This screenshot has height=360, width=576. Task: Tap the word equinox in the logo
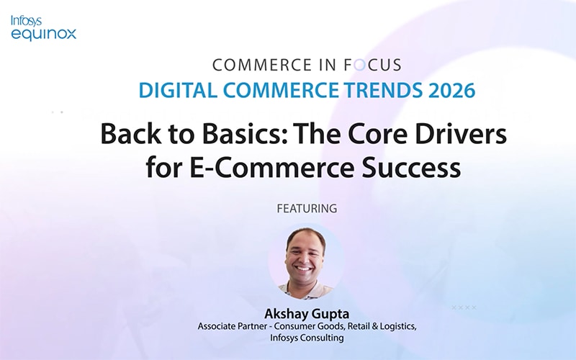point(43,33)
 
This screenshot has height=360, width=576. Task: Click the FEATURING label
point(307,209)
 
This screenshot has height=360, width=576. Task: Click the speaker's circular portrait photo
point(307,261)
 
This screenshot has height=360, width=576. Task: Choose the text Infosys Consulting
point(307,337)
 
